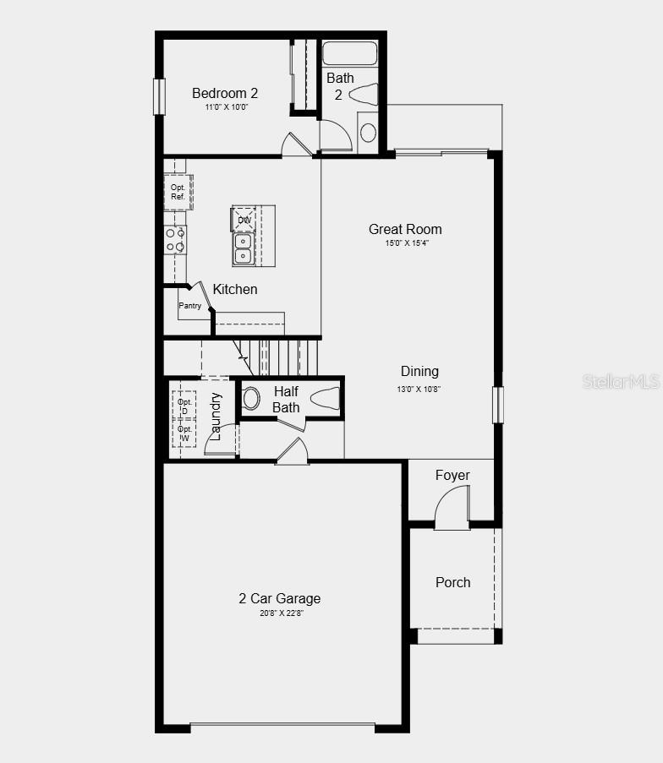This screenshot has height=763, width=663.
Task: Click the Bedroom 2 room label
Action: pos(225,93)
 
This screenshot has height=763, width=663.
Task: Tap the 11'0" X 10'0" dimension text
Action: pos(225,107)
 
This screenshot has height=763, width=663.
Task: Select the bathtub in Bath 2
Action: pos(349,52)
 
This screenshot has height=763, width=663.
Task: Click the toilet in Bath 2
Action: pos(364,94)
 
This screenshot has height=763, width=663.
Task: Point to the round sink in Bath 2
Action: pos(368,133)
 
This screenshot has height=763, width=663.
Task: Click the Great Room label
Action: pos(405,229)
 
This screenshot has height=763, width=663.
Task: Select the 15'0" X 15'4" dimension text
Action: pos(405,243)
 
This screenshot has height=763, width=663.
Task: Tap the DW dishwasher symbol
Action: pos(244,220)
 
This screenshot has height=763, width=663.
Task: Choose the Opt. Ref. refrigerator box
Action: pos(178,192)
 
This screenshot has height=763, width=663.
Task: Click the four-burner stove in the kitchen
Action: pos(175,240)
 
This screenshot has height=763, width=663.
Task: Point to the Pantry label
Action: pos(190,306)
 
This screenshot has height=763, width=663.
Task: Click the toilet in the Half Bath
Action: pos(326,398)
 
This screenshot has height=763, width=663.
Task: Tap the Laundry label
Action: pos(216,416)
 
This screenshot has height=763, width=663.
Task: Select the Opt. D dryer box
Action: pos(184,405)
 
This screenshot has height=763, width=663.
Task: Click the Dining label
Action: pos(419,371)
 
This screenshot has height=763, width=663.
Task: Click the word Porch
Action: pos(452,582)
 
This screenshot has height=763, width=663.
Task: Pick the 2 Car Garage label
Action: pos(279,598)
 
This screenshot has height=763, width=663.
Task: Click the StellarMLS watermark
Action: pos(620,382)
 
